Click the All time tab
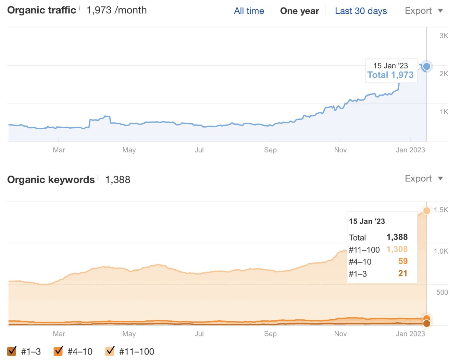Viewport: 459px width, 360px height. coord(249,11)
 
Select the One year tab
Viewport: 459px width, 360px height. coord(299,11)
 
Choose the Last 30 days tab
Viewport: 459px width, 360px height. coord(361,11)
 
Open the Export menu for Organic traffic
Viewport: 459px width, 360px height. coord(424,11)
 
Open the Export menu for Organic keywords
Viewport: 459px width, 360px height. coord(424,179)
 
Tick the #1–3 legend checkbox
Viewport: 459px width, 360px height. coord(12,351)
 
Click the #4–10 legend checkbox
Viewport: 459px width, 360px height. coord(59,351)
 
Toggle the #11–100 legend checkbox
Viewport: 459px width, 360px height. coord(110,351)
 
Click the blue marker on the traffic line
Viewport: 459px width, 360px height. coord(426,66)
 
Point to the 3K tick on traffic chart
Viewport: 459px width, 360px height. coord(444,36)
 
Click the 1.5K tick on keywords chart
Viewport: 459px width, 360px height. coord(441,210)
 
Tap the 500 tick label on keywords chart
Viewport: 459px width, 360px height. coord(442,292)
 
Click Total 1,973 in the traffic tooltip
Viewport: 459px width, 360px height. coord(390,75)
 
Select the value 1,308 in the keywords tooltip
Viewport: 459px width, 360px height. coord(397,249)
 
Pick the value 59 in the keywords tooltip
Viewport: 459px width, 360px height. coord(403,261)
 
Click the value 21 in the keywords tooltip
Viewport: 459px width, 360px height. coord(403,273)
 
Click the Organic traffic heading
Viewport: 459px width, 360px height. coord(41,10)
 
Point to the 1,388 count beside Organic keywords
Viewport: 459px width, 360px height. coord(117,180)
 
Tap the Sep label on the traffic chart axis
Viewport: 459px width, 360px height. coord(270,150)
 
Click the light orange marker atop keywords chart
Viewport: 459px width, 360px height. coord(426,211)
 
